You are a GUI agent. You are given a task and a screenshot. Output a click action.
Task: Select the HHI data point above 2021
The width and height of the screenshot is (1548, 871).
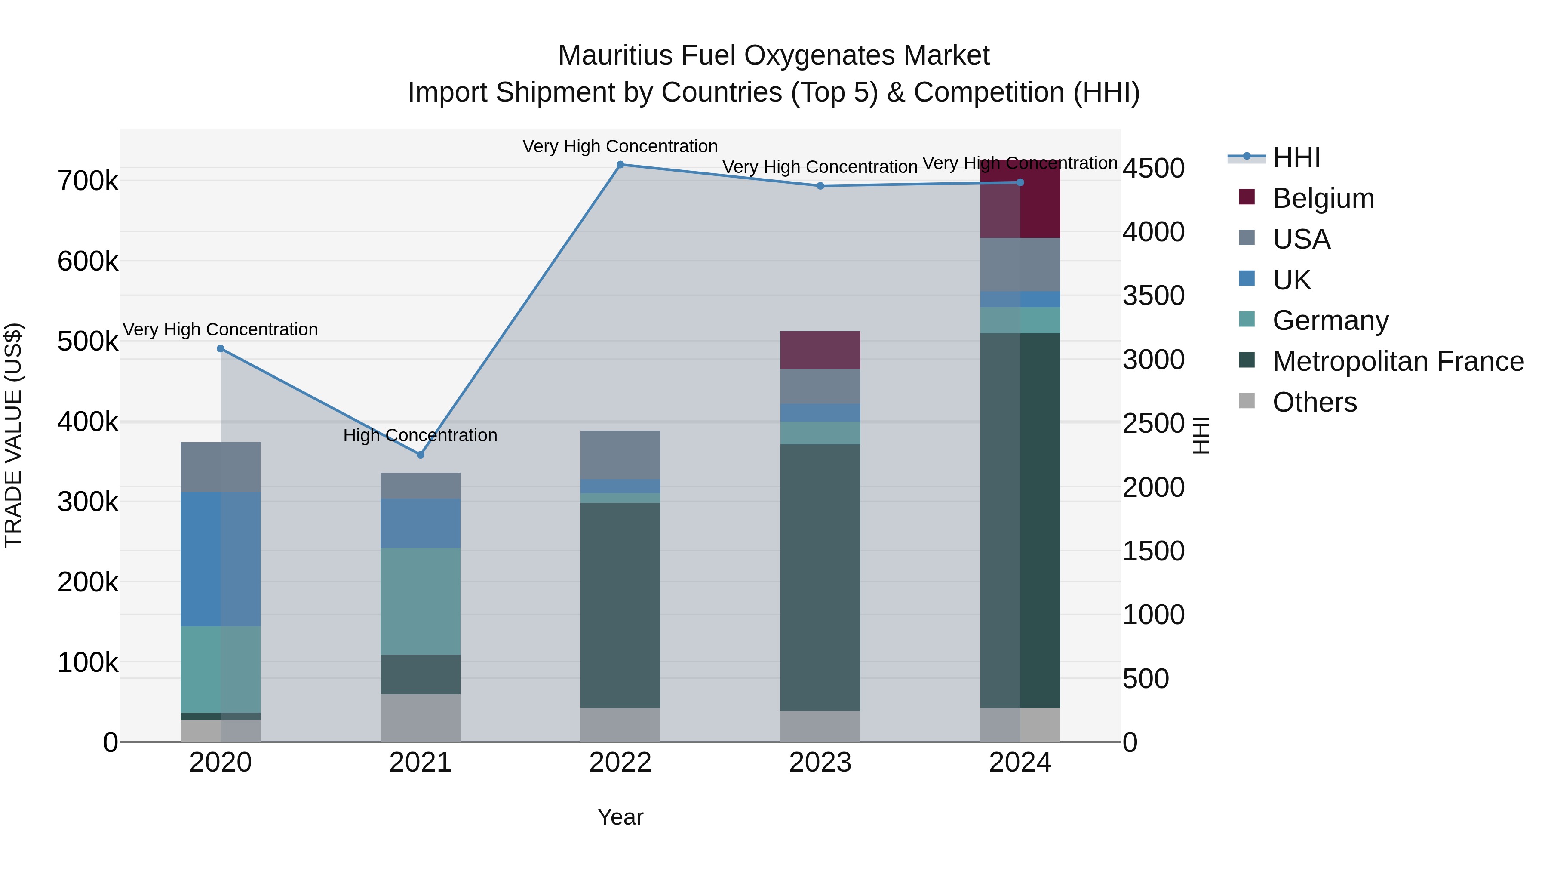(420, 455)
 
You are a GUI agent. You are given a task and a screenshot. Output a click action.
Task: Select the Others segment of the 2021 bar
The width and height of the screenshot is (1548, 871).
(420, 718)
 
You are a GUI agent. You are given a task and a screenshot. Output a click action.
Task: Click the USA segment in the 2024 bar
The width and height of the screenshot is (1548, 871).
(1020, 265)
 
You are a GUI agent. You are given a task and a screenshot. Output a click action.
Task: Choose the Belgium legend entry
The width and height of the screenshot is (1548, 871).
(1322, 198)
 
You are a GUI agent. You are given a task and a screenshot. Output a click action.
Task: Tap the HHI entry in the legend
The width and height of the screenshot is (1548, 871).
(1296, 157)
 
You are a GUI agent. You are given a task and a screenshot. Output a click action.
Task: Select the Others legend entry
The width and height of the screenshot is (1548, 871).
(1314, 402)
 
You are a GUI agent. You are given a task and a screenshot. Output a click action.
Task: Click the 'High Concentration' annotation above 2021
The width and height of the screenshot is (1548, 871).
(420, 435)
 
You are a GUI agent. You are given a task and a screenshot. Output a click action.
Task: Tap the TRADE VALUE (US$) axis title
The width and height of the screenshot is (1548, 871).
(13, 435)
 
